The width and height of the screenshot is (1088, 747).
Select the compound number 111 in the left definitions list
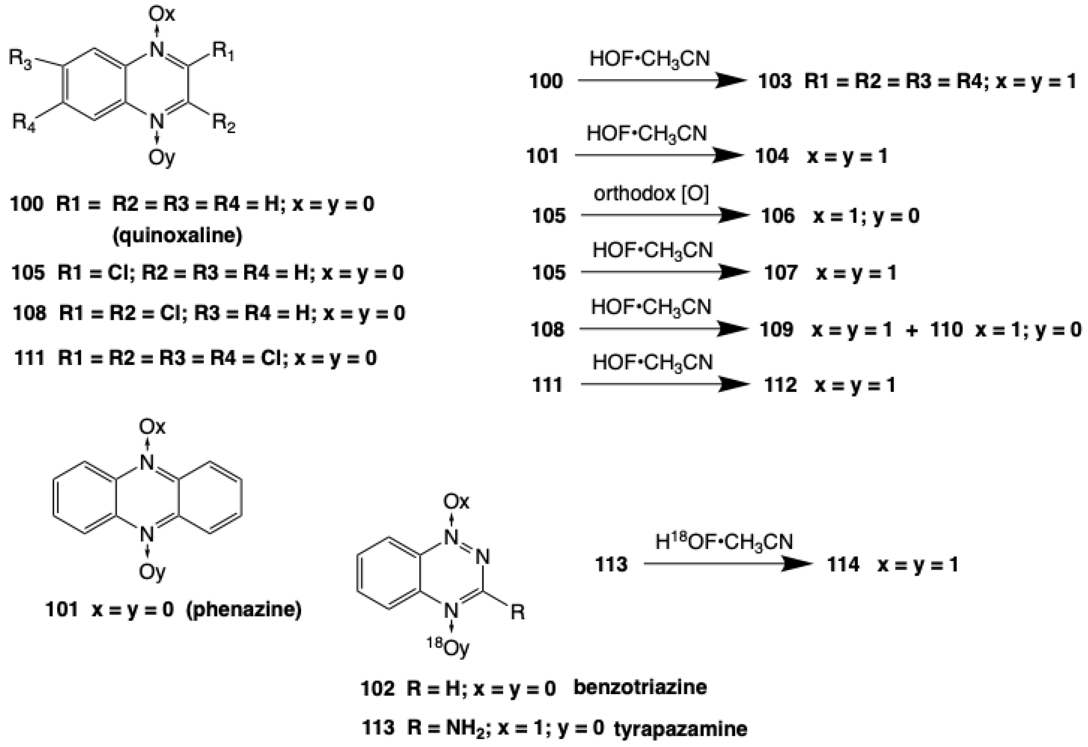coord(29,358)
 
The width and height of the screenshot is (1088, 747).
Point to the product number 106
coord(778,216)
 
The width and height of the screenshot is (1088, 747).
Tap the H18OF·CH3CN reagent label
coord(724,542)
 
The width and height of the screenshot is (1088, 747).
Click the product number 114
coord(843,564)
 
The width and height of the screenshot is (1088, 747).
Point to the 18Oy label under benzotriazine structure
coord(448,648)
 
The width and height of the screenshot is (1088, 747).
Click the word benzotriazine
coord(640,687)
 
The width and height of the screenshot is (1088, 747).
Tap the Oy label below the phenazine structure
coord(152,572)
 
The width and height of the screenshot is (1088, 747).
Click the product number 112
coord(780,385)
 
